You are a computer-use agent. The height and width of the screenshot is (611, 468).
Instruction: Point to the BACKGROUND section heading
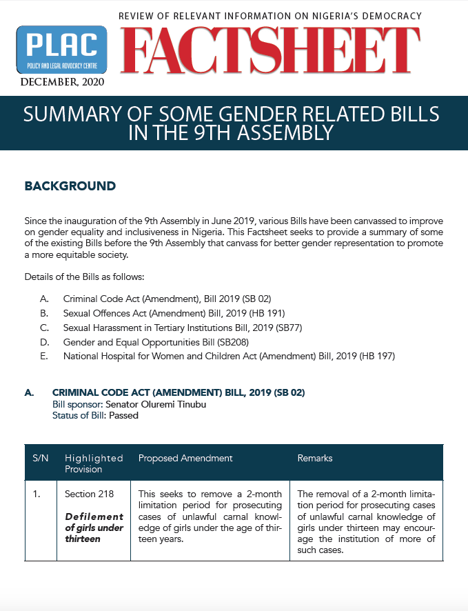point(70,186)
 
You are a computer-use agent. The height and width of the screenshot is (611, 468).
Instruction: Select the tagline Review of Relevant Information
point(270,15)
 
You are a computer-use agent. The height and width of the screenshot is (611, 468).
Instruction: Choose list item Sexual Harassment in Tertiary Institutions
point(183,327)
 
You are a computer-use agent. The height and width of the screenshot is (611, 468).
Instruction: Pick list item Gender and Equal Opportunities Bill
point(155,341)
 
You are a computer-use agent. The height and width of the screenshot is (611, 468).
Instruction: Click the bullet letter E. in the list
point(44,356)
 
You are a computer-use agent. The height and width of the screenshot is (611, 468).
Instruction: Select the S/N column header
point(40,458)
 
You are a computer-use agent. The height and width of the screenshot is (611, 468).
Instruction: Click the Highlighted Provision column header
point(94,463)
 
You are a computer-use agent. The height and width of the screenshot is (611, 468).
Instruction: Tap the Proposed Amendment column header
point(185,458)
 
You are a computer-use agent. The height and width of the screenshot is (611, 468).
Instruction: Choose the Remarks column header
point(315,458)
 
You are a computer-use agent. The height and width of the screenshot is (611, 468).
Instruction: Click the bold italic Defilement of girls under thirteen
point(94,527)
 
